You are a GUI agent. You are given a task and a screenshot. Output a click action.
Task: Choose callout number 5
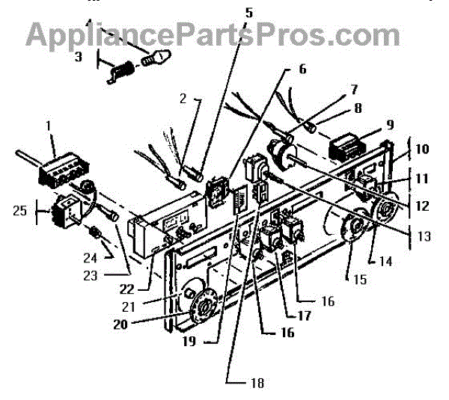click(x=249, y=12)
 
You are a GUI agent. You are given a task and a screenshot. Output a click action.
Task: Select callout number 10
click(x=422, y=150)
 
